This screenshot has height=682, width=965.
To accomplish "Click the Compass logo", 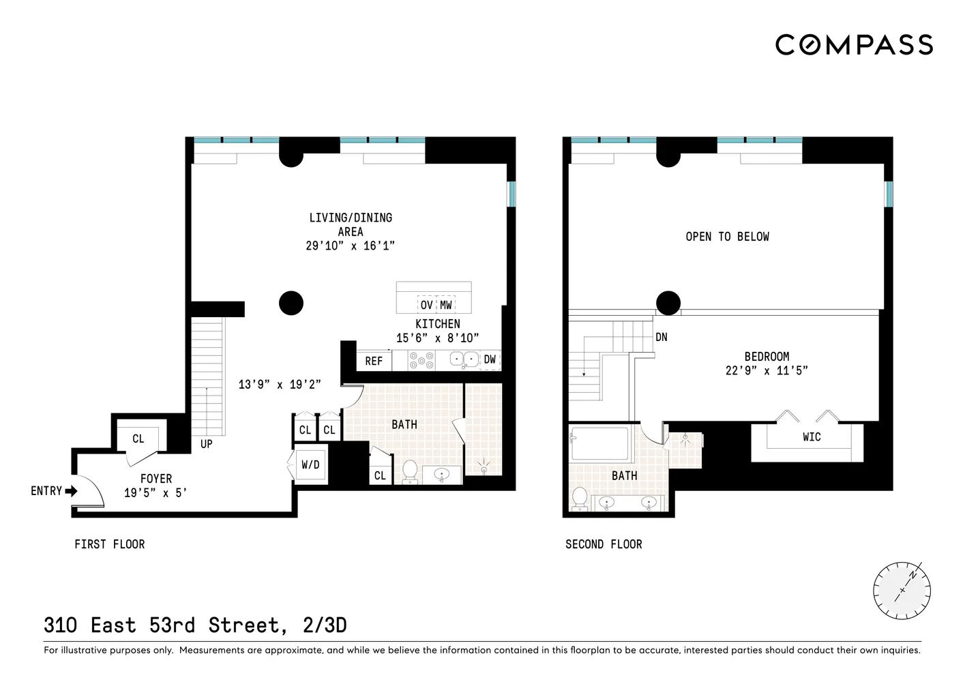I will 854,45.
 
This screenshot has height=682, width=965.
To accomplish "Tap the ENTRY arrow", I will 71,490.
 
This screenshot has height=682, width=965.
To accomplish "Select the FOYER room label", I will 156,479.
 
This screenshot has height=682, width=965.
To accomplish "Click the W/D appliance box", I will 310,465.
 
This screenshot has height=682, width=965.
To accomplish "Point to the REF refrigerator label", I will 374,361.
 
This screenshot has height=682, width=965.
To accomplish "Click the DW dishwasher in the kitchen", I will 490,359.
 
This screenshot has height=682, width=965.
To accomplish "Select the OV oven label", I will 426,305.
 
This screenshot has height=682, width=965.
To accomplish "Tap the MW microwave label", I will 445,305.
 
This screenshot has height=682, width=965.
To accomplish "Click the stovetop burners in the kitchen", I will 421,360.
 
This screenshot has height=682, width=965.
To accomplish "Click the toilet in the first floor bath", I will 411,471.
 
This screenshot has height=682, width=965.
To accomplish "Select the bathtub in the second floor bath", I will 599,443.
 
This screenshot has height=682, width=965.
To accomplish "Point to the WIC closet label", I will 812,437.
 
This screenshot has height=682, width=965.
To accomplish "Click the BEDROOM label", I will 767,357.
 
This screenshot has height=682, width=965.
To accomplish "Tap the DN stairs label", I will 662,337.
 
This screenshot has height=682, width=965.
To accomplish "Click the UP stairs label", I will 206,444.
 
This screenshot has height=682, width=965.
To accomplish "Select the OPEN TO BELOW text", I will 727,237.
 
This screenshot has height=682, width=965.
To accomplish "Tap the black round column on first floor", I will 291,303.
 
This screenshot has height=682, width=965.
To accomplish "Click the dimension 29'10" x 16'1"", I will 350,246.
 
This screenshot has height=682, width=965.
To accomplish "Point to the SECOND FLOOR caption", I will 604,544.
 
